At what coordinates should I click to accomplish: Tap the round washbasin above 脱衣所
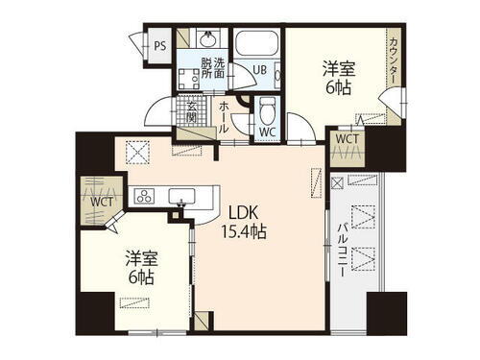click(206, 41)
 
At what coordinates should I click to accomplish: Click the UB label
click(259, 70)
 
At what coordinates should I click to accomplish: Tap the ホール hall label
click(223, 117)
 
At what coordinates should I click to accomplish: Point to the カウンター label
click(394, 62)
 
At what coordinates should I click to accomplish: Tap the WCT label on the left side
click(101, 203)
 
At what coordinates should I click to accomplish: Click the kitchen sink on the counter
click(181, 197)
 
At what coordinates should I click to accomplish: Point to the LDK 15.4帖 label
click(245, 223)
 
